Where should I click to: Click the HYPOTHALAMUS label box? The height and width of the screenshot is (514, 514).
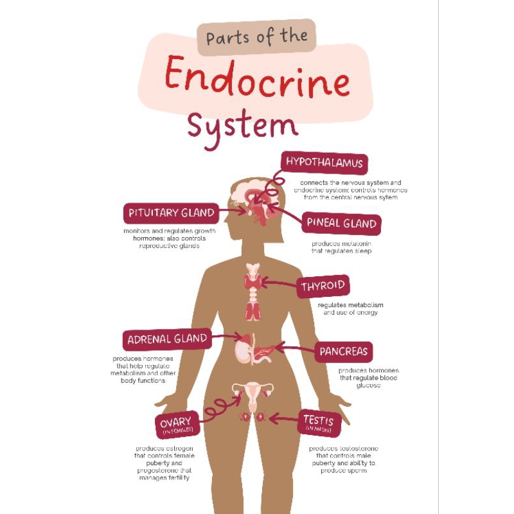pyautogui.click(x=324, y=163)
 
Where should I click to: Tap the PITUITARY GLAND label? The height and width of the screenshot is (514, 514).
pyautogui.click(x=170, y=213)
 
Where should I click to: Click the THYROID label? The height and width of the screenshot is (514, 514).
pyautogui.click(x=323, y=286)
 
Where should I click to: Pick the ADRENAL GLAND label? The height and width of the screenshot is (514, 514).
pyautogui.click(x=167, y=339)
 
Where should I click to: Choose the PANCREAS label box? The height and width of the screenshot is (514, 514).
pyautogui.click(x=344, y=351)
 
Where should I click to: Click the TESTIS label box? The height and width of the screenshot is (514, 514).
pyautogui.click(x=318, y=422)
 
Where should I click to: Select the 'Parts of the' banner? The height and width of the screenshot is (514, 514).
pyautogui.click(x=256, y=37)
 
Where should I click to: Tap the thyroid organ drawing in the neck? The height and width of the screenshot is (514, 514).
pyautogui.click(x=252, y=283)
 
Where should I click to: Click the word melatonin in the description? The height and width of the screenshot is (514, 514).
pyautogui.click(x=355, y=244)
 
